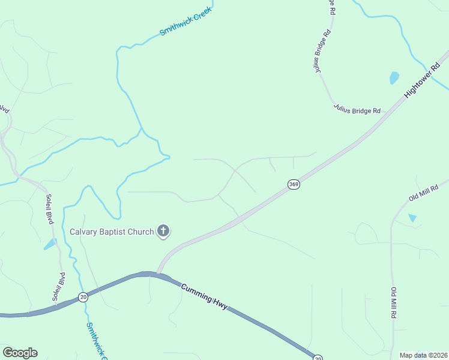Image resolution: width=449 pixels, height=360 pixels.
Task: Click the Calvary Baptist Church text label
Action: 112,232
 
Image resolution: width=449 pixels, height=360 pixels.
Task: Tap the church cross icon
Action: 163,231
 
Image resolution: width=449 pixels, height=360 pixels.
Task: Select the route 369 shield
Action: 293,184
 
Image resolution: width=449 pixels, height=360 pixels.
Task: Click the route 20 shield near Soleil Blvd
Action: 83,297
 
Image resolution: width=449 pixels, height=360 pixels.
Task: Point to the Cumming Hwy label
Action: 204,296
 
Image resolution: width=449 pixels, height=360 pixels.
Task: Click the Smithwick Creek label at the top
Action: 186,22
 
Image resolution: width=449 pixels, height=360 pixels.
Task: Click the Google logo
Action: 20,353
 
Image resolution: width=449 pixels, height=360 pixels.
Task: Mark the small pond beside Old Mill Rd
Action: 412,218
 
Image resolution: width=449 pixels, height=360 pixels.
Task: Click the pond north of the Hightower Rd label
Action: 394,77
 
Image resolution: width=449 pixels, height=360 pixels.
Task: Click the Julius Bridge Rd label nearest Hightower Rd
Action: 357,110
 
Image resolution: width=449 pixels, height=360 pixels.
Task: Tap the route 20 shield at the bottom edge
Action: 318,357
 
